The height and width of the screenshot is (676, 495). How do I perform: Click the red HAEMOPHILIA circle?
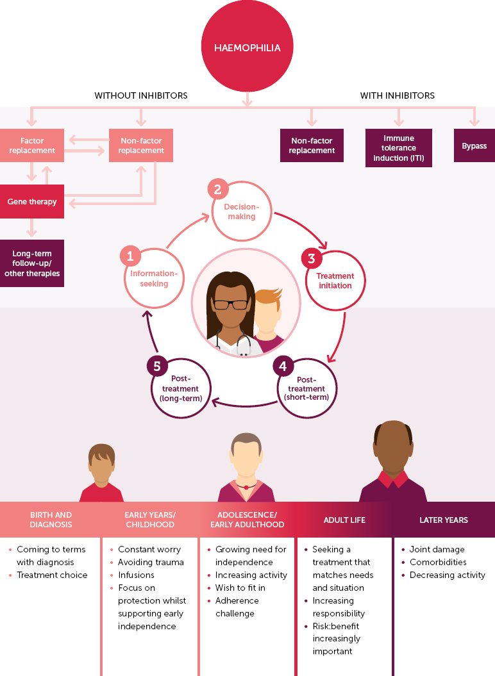point(247,47)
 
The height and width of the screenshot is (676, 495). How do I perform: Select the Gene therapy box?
point(32,202)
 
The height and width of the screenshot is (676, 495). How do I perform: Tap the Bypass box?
point(474,146)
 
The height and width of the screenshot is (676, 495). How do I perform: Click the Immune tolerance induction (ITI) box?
point(398,148)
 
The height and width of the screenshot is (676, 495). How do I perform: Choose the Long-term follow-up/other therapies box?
point(32,263)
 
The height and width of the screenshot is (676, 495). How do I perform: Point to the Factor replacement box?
point(32,145)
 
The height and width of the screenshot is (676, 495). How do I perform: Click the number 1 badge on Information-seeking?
point(130,256)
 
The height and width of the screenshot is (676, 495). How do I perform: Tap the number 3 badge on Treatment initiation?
point(312,259)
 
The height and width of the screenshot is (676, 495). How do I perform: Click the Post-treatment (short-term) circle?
point(306,388)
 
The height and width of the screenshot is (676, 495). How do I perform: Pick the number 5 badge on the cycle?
point(157,366)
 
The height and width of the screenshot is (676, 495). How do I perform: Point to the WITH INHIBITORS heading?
point(397,95)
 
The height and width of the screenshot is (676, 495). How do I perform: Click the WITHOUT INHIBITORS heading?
point(141,95)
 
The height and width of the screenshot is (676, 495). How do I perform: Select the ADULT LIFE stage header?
point(344,520)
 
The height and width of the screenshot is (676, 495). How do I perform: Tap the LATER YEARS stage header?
point(444,520)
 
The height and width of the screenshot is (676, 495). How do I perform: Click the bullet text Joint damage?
point(437,549)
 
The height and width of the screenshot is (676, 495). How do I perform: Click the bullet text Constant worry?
point(149,549)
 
